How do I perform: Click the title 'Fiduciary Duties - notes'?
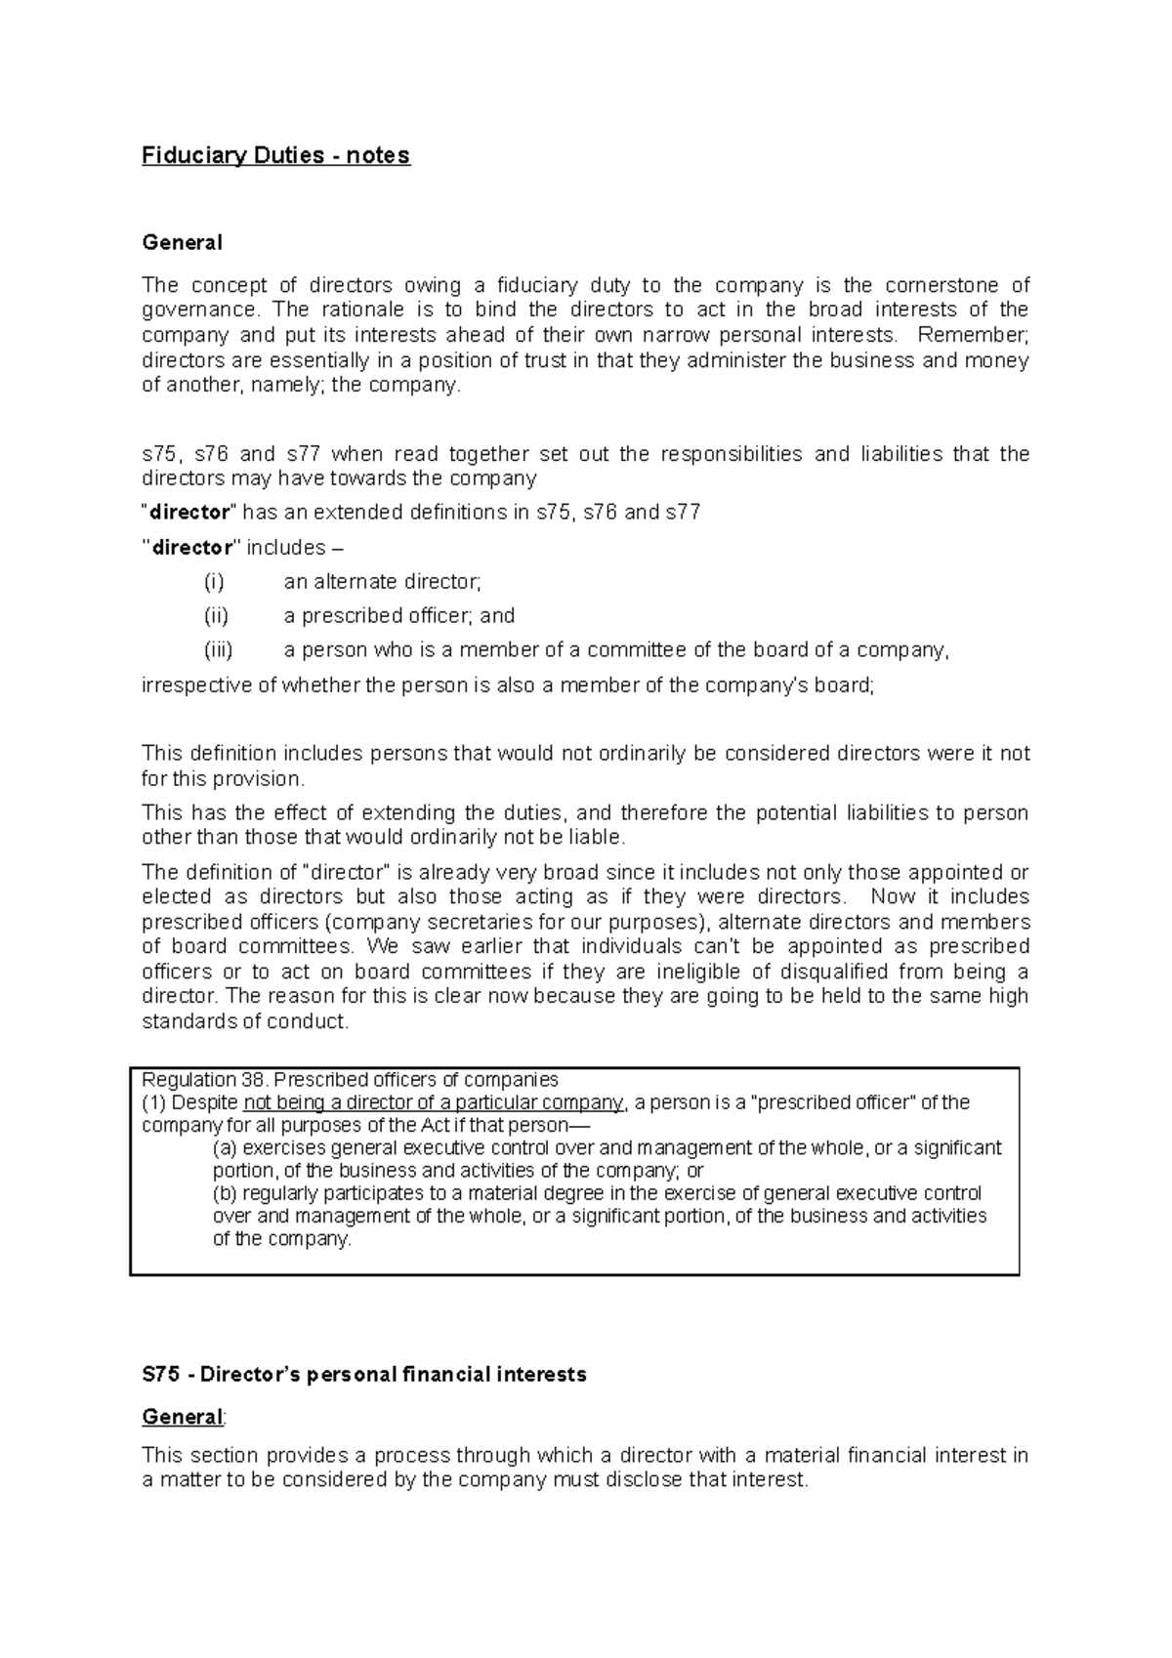coord(276,156)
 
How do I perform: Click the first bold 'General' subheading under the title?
coord(182,242)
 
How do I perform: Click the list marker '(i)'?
coord(214,582)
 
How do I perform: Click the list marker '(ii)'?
coord(216,616)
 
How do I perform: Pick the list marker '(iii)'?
coord(218,650)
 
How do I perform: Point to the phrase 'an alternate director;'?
coord(382,582)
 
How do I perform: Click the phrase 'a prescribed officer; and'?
coord(398,616)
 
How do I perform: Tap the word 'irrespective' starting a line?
coord(196,685)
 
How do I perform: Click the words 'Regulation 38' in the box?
coord(204,1080)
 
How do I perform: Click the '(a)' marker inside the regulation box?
coord(225,1148)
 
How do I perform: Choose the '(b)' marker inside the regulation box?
coord(225,1193)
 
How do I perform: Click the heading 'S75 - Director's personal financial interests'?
coord(363,1375)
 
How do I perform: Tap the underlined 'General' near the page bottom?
coord(182,1417)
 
